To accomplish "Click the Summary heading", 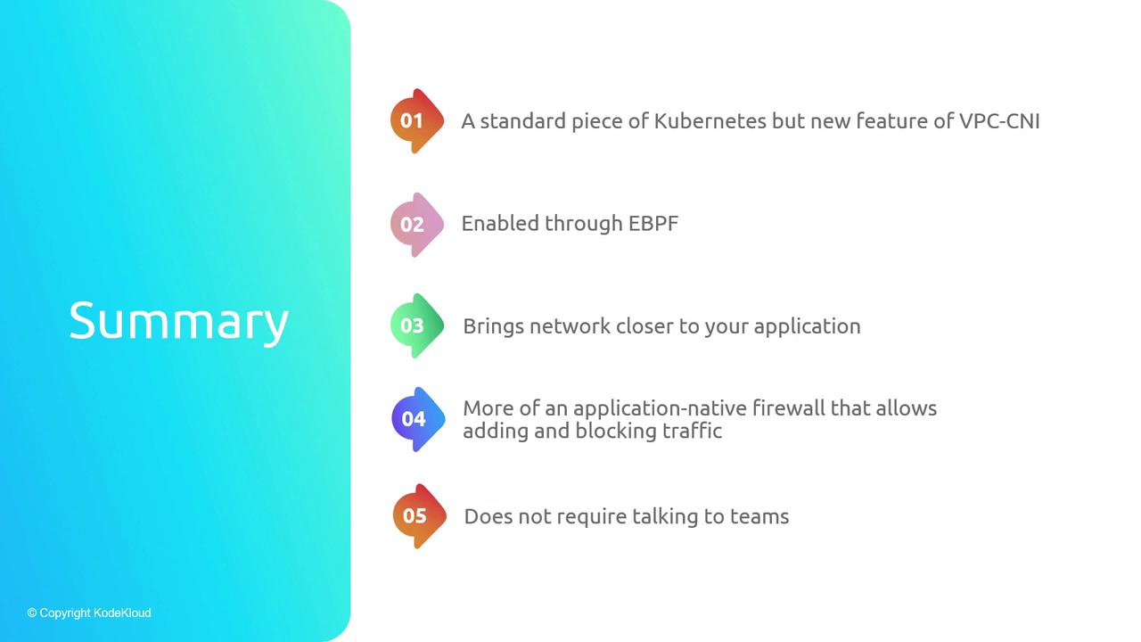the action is (179, 322).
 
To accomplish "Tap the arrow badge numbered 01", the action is (417, 120).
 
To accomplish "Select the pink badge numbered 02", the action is (417, 225).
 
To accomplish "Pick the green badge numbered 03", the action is (417, 325).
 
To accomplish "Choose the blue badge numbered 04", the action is (418, 419).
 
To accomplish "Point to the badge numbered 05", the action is (420, 516).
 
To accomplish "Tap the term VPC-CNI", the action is (999, 121).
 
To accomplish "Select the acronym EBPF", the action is (653, 224).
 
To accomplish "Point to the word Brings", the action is (493, 327).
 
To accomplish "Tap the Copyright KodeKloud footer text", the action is (89, 613).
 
